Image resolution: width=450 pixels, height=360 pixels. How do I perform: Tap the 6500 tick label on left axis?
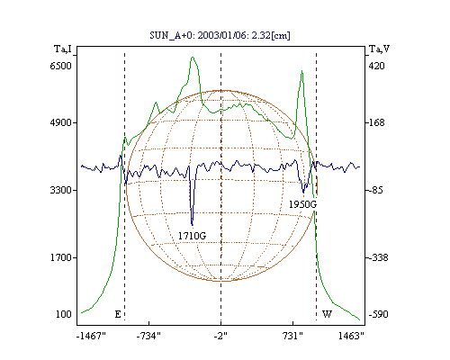(x=61, y=66)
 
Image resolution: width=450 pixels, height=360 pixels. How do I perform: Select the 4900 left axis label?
(x=61, y=122)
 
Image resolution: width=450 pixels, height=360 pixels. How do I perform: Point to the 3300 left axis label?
(x=61, y=190)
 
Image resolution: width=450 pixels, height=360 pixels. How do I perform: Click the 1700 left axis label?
(x=61, y=257)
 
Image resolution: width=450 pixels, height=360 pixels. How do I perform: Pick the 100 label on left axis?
(x=64, y=314)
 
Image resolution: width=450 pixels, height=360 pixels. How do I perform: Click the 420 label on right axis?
(x=376, y=66)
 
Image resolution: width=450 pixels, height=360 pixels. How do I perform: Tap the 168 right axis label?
(x=376, y=122)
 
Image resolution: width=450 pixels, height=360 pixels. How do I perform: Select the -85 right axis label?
(x=375, y=190)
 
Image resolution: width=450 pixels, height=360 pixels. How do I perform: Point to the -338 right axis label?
(x=378, y=257)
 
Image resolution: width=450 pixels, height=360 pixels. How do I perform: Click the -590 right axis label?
(x=378, y=314)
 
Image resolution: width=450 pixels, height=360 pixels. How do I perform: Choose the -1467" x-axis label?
(x=91, y=336)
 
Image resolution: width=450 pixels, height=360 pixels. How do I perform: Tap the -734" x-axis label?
(x=148, y=336)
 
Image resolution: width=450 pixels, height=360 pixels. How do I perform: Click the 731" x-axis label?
(x=292, y=336)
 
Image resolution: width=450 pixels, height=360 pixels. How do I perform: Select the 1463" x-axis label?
(x=351, y=336)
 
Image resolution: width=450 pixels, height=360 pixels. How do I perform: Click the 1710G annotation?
(x=193, y=236)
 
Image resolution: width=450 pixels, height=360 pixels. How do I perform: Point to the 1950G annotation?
(x=302, y=204)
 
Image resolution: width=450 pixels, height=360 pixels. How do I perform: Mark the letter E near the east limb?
(x=118, y=314)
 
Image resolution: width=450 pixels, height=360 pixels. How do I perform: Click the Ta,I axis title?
(x=63, y=49)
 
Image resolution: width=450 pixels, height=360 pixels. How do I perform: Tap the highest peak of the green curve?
(x=193, y=57)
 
